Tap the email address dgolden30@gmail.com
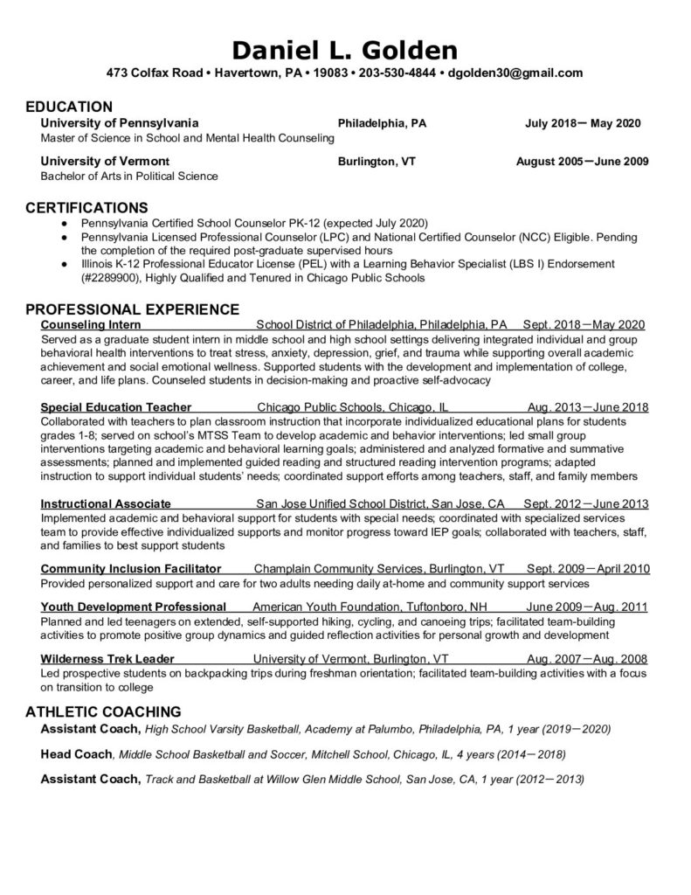tap(515, 73)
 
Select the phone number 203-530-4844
tap(396, 73)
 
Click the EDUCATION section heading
tap(69, 107)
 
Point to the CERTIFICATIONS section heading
tap(86, 208)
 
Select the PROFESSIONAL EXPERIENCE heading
tap(132, 309)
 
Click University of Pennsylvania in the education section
tap(121, 123)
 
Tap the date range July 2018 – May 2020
tap(583, 123)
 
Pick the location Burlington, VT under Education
tap(377, 162)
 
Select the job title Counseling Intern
tap(85, 324)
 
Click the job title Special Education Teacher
tap(116, 406)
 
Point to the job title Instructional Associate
tap(106, 503)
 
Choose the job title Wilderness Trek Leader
tap(107, 658)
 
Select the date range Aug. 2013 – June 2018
tap(588, 406)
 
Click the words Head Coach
tap(77, 753)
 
